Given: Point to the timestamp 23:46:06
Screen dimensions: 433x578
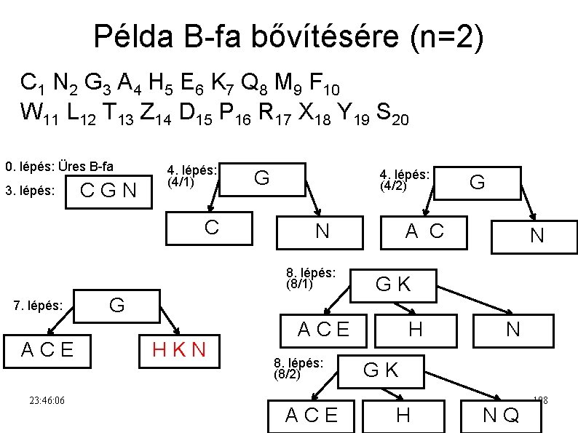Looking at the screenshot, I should click(x=47, y=400).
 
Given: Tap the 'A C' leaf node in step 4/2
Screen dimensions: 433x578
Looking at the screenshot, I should click(x=424, y=231).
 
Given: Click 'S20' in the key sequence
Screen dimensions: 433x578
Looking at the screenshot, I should click(x=392, y=114).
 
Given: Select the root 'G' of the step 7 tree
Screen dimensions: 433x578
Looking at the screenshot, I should click(x=116, y=305).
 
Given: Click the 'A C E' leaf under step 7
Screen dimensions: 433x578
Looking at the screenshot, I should click(x=48, y=350).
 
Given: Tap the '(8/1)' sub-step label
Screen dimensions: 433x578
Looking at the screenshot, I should click(x=300, y=285).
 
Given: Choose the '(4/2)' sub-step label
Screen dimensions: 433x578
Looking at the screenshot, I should click(x=393, y=186).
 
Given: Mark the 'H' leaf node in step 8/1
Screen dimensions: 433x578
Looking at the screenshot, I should click(x=415, y=330).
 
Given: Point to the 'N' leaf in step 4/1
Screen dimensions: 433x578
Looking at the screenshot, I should click(x=321, y=231).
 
